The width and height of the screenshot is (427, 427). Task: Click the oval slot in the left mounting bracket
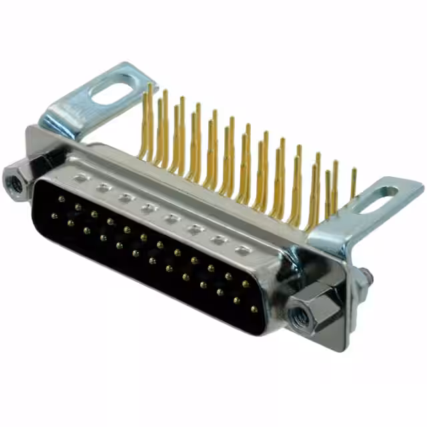tap(113, 89)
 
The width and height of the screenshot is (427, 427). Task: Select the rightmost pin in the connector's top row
tap(245, 284)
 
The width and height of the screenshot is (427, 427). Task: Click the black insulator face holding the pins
tap(153, 267)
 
